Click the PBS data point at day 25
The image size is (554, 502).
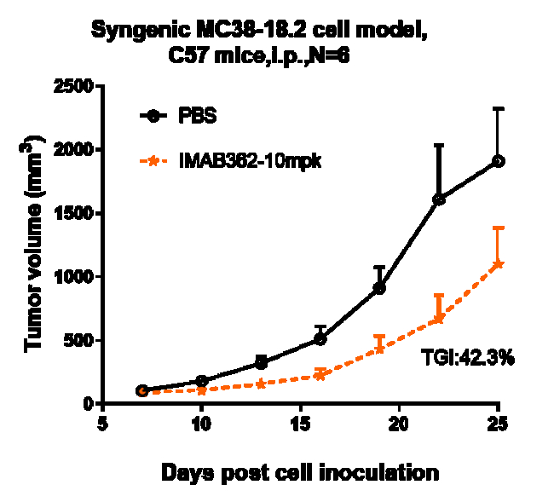[499, 161]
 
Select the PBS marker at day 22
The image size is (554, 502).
[439, 199]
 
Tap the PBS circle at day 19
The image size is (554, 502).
[379, 288]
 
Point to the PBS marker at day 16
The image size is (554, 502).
[320, 339]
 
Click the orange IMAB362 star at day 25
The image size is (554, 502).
[499, 264]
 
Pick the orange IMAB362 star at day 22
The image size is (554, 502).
[439, 320]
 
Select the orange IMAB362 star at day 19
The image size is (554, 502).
[379, 349]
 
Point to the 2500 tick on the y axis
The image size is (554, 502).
[73, 86]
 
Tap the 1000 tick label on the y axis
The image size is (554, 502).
[73, 276]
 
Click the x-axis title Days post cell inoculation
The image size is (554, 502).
[302, 470]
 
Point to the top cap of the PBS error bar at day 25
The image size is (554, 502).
[499, 108]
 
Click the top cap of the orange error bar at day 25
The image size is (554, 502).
[499, 228]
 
